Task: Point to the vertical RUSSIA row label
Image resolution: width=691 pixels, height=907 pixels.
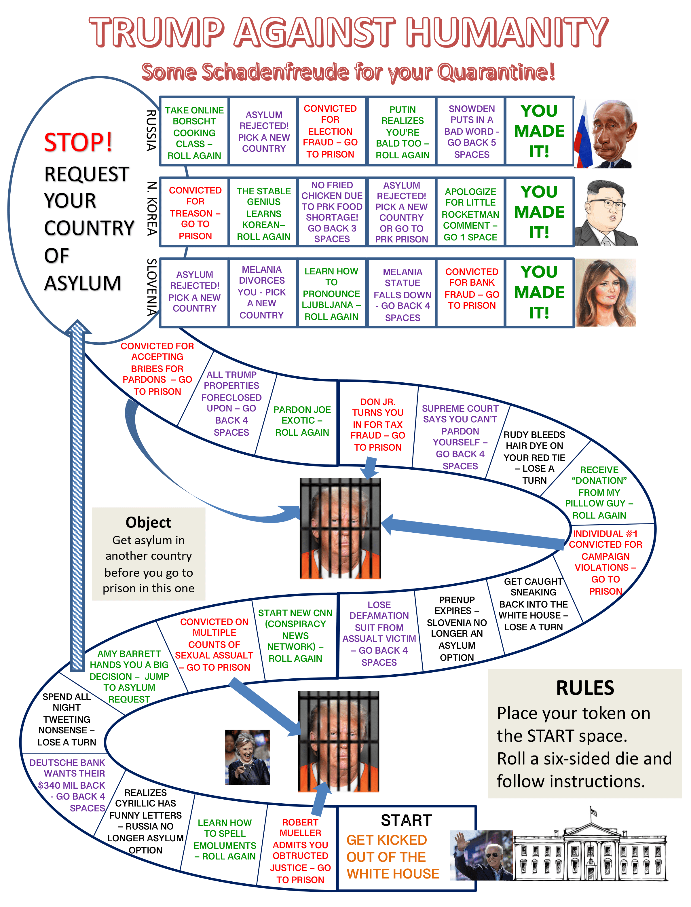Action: coord(151,130)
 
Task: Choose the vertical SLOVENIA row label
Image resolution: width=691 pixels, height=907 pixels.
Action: coord(151,287)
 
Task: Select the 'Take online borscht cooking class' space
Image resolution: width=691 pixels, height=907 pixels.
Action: coord(194,132)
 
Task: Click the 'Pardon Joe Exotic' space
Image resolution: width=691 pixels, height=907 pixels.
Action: coord(302,421)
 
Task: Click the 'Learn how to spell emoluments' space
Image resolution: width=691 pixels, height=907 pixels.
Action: coord(225,839)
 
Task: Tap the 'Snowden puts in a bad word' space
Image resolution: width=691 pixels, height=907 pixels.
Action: coord(471,132)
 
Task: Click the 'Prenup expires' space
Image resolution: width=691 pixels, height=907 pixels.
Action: coord(457,628)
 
